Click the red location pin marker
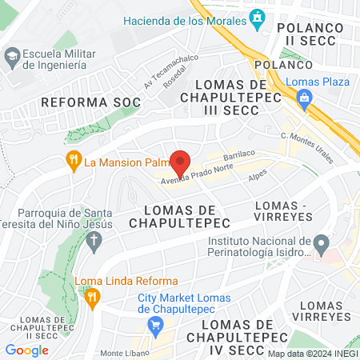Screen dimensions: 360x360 [x=181, y=163]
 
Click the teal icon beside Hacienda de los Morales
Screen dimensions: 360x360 [x=258, y=17]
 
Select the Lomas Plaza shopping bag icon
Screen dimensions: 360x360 [x=303, y=98]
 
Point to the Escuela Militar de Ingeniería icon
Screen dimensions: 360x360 [x=12, y=57]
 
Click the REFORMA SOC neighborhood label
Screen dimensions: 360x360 [x=90, y=102]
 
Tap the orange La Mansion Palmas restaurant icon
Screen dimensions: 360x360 [x=74, y=162]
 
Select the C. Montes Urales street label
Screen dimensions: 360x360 [x=307, y=147]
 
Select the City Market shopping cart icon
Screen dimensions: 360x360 [x=156, y=325]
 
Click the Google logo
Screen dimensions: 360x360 [x=26, y=350]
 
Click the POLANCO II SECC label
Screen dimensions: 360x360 [x=310, y=34]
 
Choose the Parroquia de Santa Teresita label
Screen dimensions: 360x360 [x=68, y=219]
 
